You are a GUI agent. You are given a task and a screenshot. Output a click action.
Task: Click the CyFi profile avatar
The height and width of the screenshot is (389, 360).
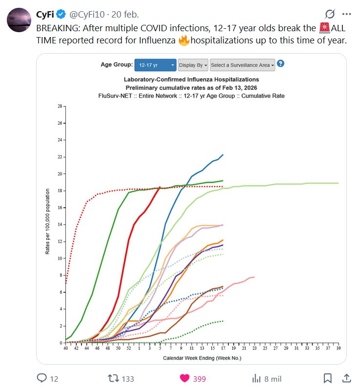pos(20,20)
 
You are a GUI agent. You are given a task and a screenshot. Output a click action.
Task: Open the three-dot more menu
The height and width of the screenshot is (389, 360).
pos(346,14)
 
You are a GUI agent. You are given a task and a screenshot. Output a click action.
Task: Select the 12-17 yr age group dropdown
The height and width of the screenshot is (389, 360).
pos(157,65)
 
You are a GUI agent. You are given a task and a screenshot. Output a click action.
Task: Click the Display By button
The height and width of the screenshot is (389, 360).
pos(193,65)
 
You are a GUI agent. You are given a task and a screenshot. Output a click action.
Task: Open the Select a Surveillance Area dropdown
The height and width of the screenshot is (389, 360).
pos(242,65)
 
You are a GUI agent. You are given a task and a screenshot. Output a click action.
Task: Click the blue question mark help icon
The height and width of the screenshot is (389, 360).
pos(280,64)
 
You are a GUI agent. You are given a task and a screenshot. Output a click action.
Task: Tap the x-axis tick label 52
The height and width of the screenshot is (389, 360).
pos(129,348)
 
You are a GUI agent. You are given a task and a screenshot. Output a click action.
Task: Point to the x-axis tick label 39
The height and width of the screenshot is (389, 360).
pos(338,348)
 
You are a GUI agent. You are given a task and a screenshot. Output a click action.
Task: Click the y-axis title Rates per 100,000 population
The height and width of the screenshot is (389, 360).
pos(47,224)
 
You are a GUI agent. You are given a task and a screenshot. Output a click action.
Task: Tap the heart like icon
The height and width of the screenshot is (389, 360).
pos(185,378)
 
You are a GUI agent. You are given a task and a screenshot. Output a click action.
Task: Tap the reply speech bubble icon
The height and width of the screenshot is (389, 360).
pos(42,378)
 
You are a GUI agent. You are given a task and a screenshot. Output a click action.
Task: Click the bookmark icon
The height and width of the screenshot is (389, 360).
pos(328,378)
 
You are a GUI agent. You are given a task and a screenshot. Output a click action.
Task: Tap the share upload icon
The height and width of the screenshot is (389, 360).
pos(346,378)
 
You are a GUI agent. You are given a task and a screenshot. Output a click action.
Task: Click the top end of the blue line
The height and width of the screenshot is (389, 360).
pos(222,155)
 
